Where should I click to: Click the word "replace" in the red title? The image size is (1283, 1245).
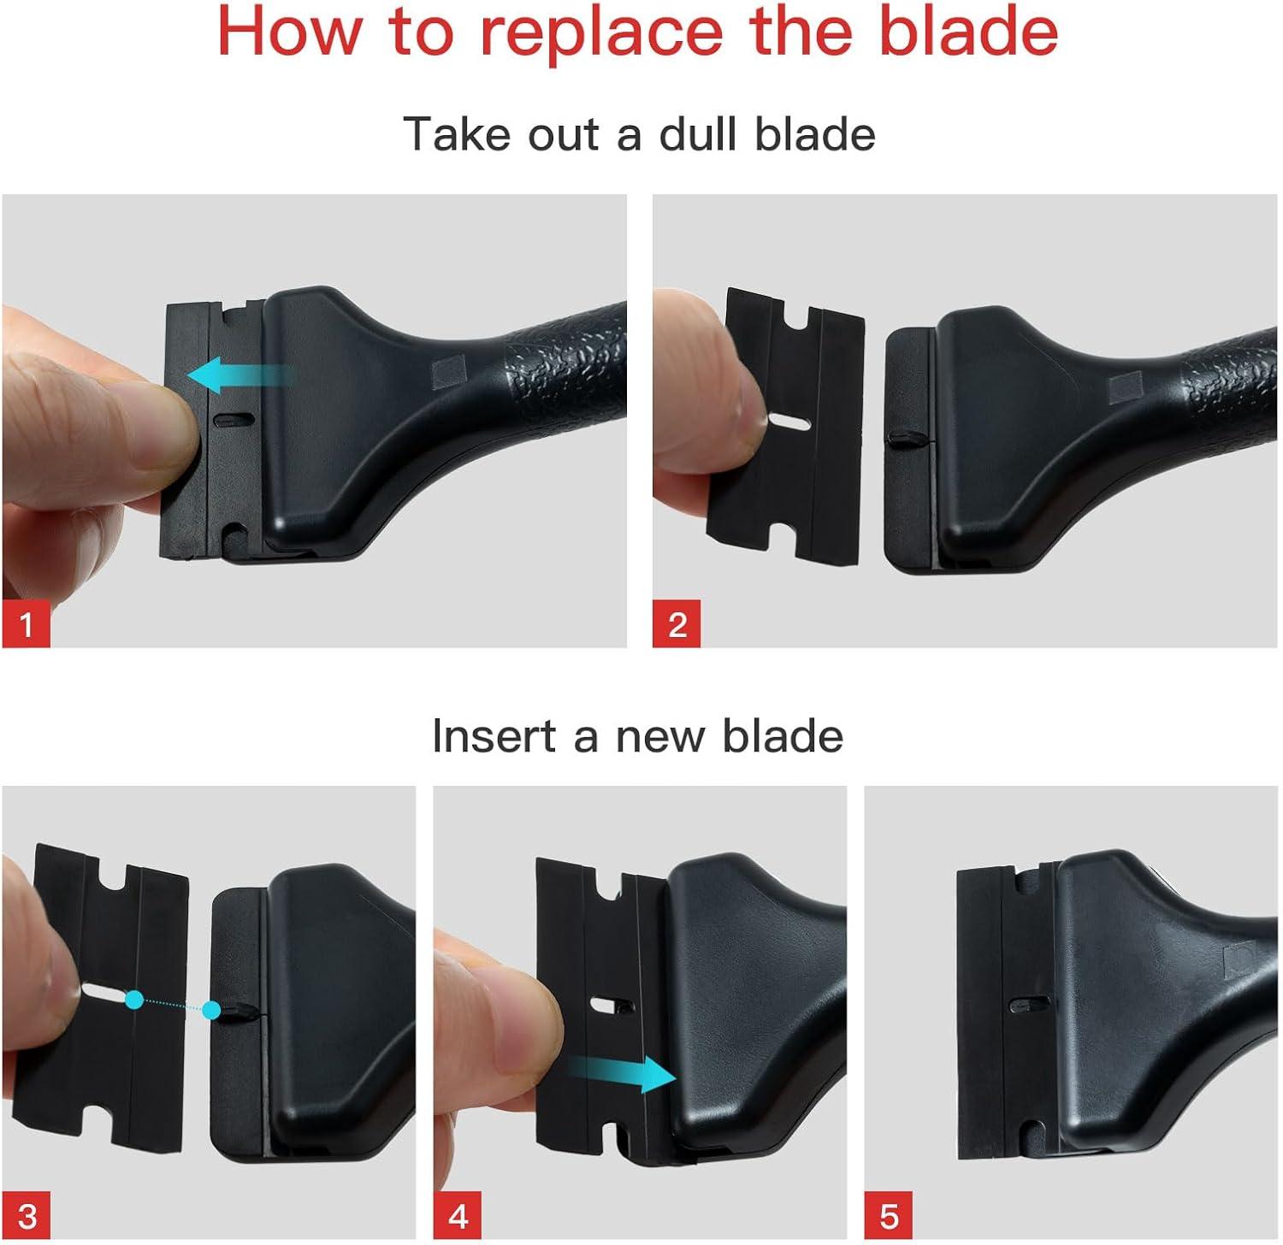600,32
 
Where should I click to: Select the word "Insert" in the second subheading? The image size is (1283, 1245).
494,736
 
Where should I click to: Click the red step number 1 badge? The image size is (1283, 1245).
26,623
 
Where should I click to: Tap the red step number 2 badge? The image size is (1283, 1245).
677,623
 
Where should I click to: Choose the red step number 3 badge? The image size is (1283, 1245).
26,1215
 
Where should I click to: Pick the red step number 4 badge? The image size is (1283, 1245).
458,1215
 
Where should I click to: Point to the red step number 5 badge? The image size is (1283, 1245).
889,1215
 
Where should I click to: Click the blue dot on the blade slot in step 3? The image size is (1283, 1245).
134,999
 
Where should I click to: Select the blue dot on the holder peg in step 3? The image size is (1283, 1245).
211,1011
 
